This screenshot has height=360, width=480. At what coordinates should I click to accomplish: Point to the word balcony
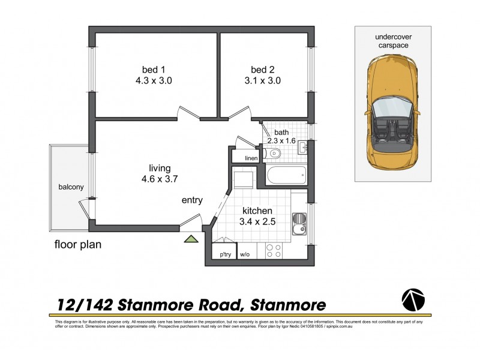[x=70, y=187]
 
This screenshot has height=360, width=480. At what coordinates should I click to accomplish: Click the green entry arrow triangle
[x=191, y=239]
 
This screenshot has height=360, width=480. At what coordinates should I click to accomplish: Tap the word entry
[x=192, y=200]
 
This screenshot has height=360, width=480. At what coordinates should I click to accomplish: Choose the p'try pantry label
[x=226, y=254]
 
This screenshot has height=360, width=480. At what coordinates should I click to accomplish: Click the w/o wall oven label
[x=245, y=254]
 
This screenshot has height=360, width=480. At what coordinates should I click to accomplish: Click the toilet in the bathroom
[x=274, y=154]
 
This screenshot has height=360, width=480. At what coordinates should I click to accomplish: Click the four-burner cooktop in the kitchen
[x=274, y=251]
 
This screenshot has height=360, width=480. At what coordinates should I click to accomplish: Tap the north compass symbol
[x=412, y=299]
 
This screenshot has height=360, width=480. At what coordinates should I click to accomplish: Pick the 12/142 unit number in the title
[x=80, y=304]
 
